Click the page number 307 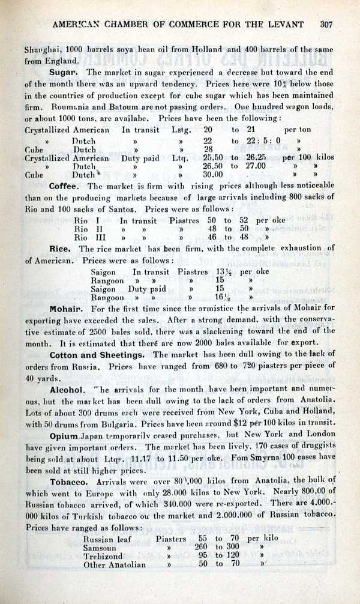point(326,25)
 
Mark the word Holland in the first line point(200,49)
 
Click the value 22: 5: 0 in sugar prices point(261,141)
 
